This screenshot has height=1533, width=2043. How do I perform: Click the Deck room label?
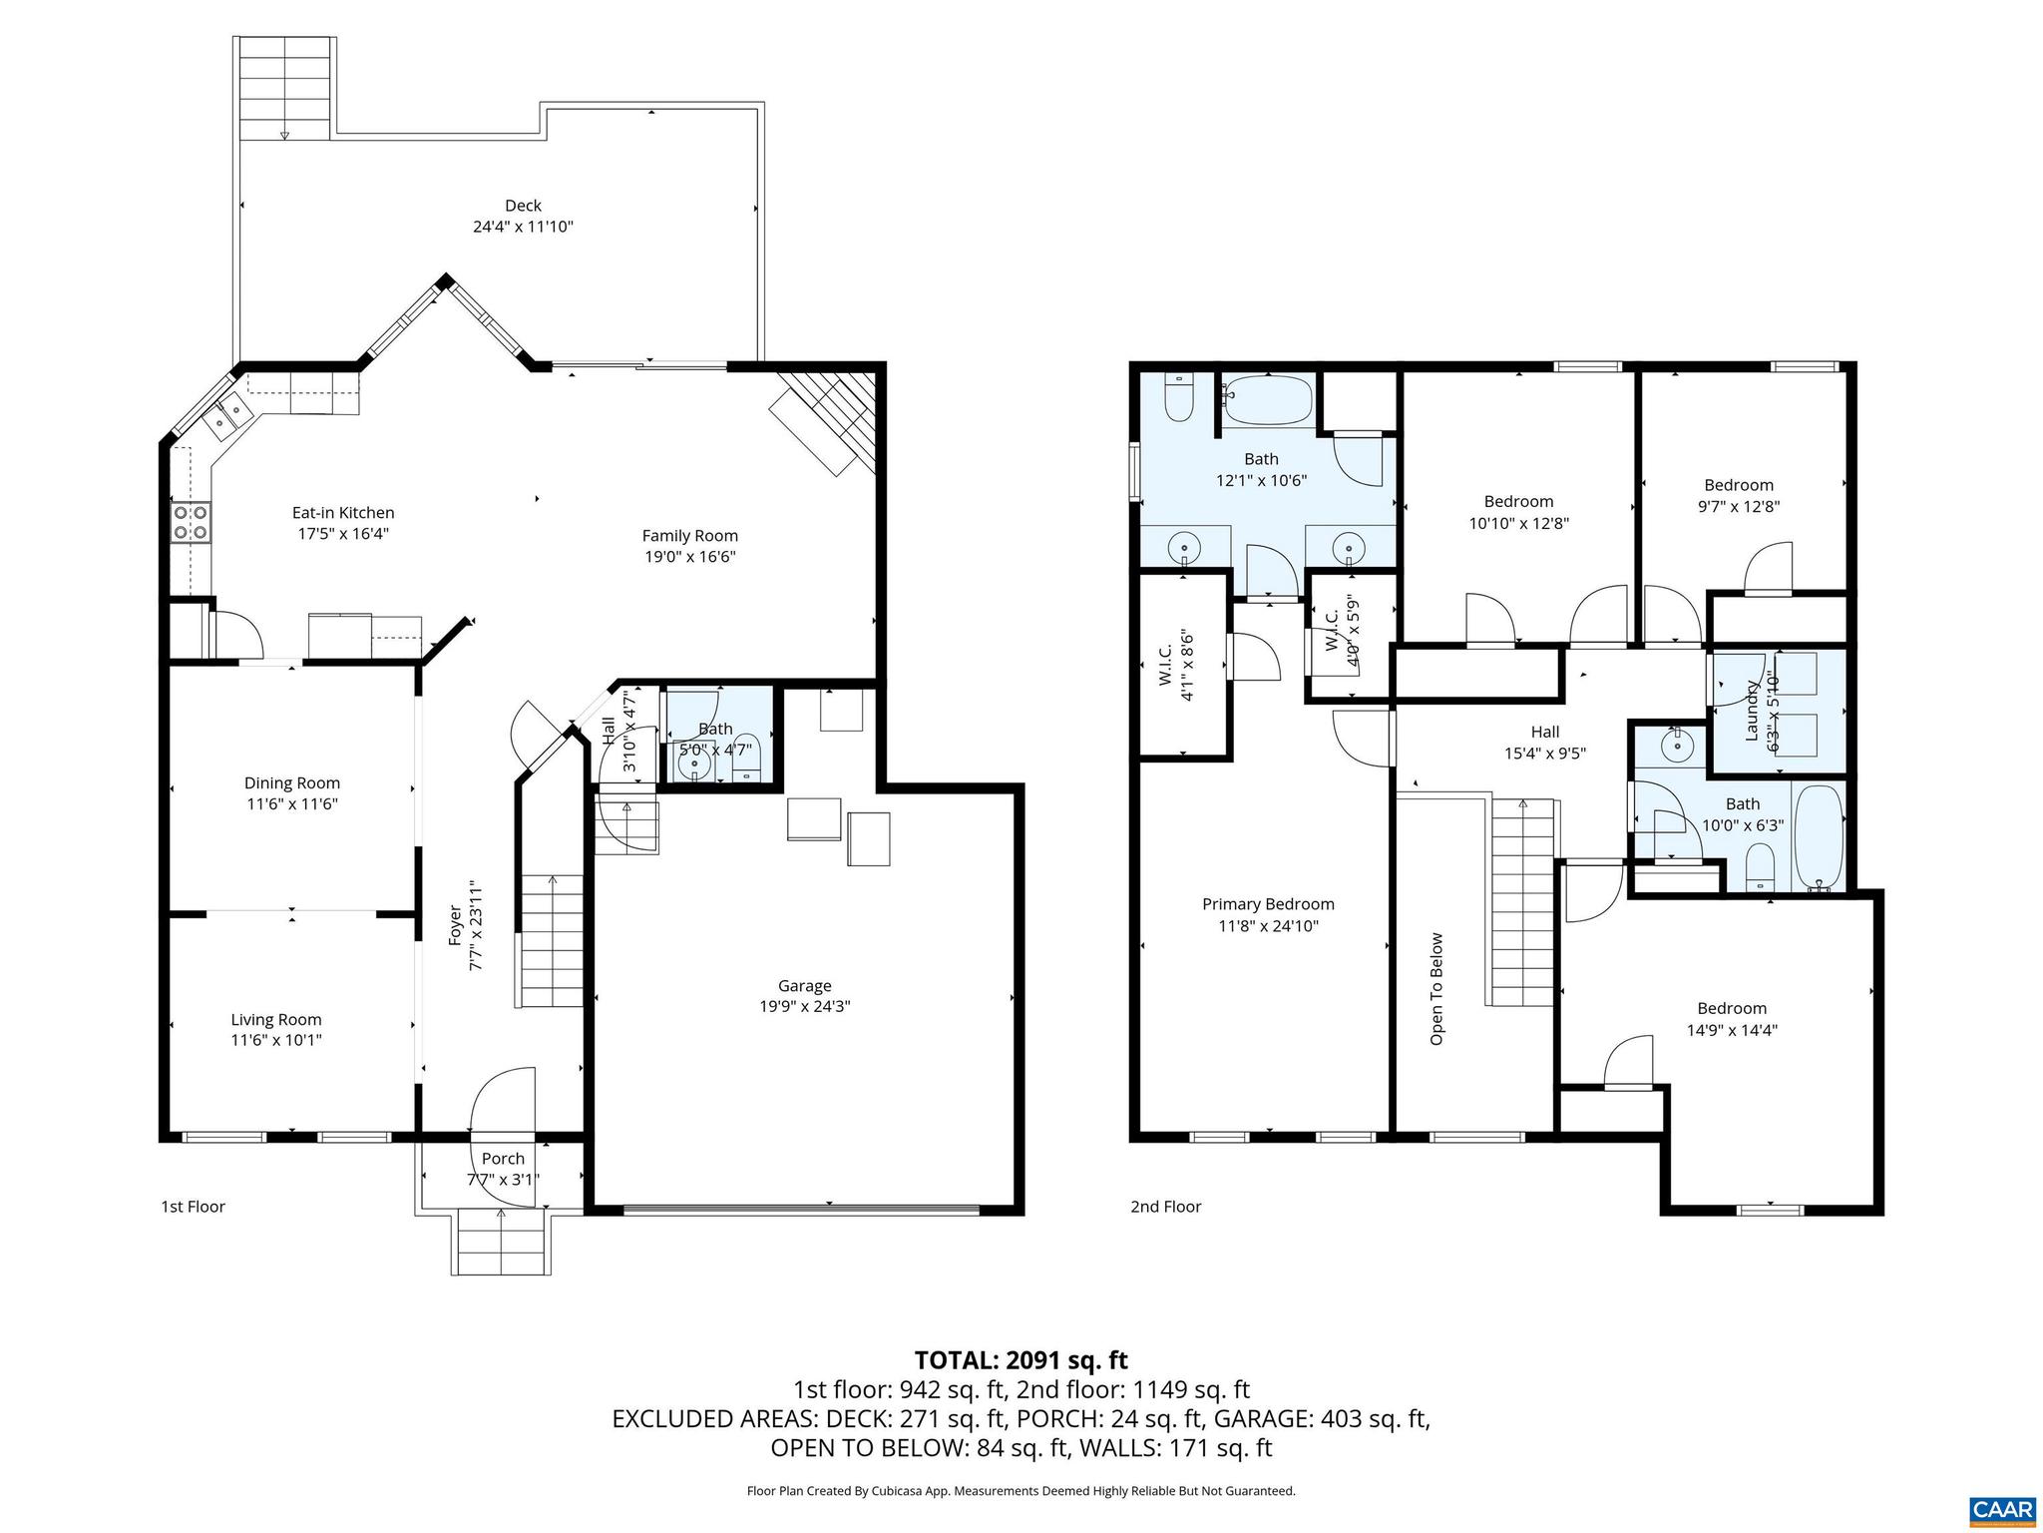(523, 206)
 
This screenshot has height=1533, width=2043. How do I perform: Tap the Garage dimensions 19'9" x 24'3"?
(804, 1007)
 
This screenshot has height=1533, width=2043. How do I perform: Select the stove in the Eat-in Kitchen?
(192, 522)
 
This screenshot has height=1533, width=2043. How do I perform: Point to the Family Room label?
(689, 536)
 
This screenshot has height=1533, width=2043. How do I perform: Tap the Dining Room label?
(292, 783)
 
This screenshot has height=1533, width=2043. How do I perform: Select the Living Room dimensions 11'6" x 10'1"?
(276, 1041)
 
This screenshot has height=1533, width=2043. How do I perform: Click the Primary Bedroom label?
(1268, 904)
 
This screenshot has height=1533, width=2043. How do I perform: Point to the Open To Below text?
(1436, 988)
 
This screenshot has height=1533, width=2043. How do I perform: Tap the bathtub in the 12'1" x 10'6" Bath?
(1267, 401)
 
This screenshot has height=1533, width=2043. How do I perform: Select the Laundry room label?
(1751, 711)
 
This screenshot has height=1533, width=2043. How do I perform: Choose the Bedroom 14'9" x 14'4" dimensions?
(1732, 1030)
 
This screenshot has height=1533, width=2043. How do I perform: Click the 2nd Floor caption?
(1165, 1207)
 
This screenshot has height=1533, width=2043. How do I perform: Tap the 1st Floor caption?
(193, 1207)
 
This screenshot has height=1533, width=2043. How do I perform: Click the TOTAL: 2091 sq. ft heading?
(1021, 1359)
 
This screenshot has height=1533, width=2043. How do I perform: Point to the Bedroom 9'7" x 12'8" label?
(1739, 485)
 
